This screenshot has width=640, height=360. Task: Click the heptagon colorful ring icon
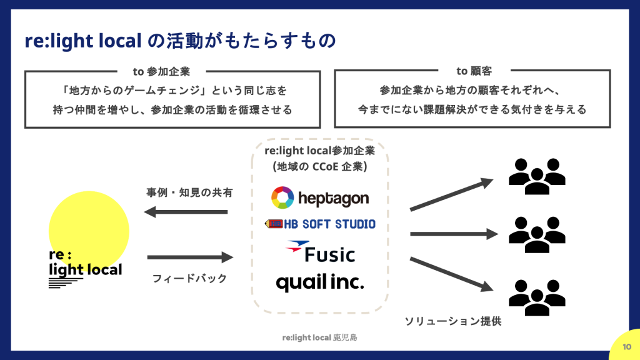coord(282,198)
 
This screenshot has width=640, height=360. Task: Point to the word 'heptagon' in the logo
coord(334,199)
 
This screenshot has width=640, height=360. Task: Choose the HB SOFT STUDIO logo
coord(321,224)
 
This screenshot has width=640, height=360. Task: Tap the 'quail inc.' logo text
coord(319,283)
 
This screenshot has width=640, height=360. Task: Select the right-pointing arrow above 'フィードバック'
coord(190,257)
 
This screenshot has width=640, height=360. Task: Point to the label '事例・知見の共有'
coord(189,192)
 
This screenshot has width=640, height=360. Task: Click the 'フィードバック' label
coord(189,278)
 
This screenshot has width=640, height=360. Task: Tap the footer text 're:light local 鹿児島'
coord(319,337)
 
